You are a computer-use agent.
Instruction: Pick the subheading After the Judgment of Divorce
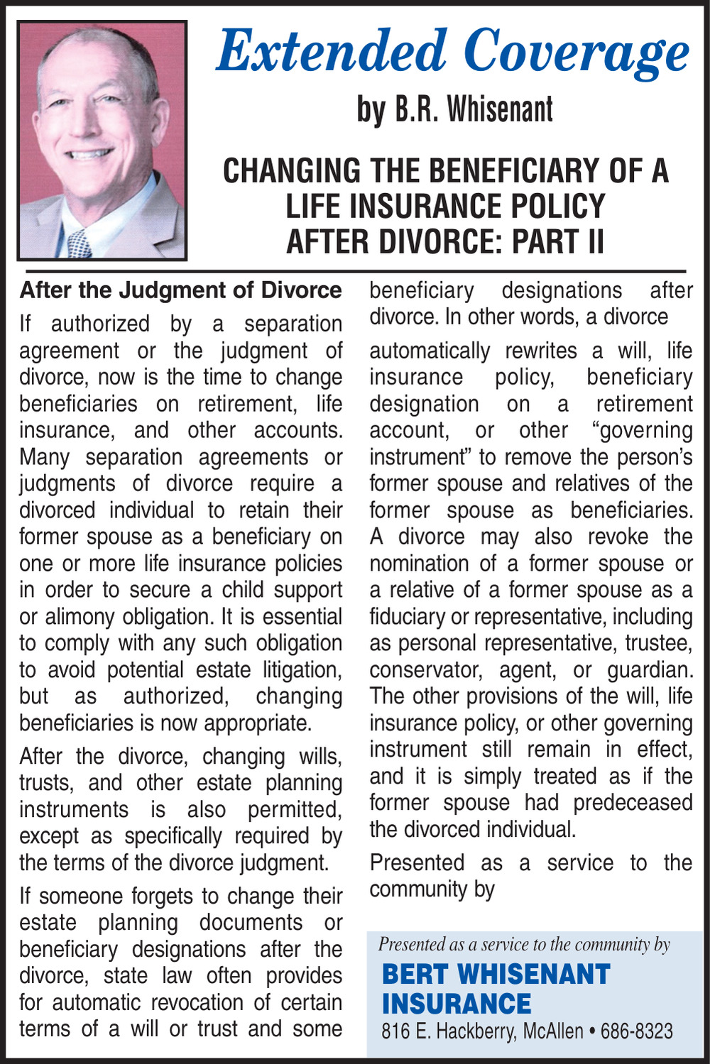click(180, 290)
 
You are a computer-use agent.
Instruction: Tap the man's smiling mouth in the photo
click(89, 154)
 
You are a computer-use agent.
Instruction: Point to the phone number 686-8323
click(636, 1031)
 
